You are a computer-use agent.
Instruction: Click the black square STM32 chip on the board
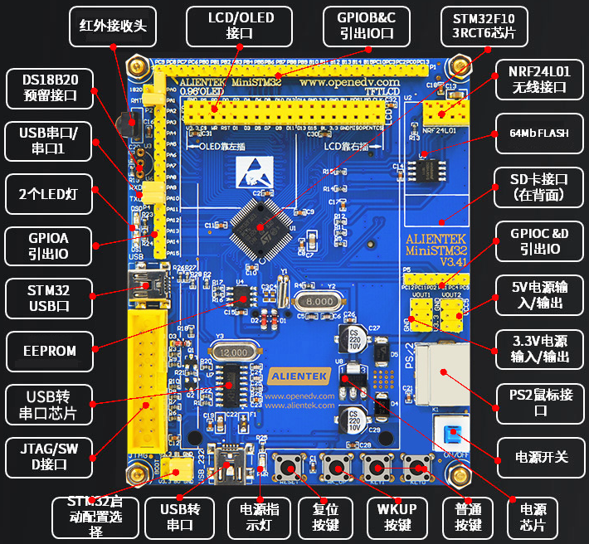click(x=262, y=221)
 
